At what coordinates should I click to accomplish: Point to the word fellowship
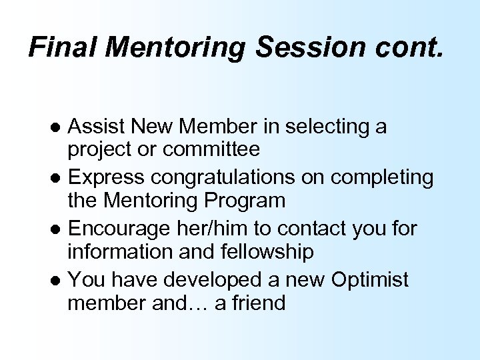pos(257,251)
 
